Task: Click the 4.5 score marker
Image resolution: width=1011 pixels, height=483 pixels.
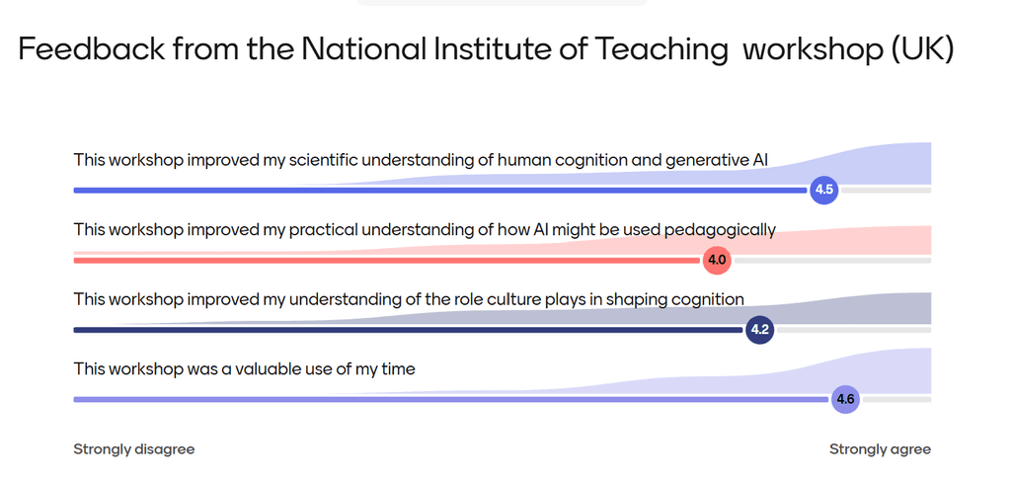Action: (x=823, y=190)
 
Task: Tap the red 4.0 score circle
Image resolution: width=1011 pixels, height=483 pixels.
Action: (x=717, y=261)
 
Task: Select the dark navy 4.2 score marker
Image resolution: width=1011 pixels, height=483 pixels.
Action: (x=758, y=330)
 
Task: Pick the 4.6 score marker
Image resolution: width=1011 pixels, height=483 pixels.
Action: (x=845, y=399)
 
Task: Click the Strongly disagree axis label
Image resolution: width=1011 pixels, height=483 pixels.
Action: (x=133, y=449)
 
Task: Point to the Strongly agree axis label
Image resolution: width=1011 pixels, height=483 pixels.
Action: (x=880, y=449)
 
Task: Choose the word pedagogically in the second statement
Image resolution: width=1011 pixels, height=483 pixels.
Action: (x=720, y=229)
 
